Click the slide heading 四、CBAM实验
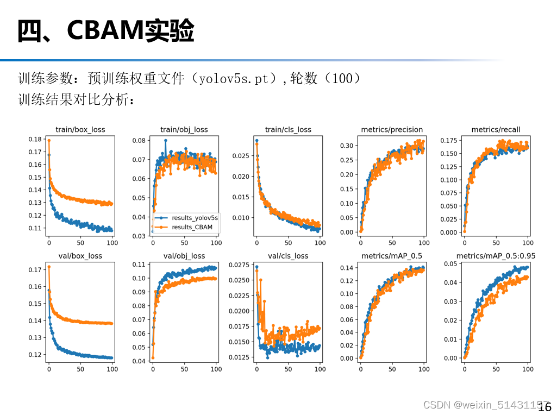pos(105,31)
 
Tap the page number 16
pos(545,407)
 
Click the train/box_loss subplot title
pos(80,129)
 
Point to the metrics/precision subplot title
pos(392,129)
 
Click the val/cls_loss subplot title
pos(289,255)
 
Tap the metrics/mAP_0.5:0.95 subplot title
pos(496,255)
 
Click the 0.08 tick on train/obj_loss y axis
pos(139,140)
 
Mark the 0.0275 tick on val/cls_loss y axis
pos(239,265)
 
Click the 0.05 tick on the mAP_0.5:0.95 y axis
pos(450,264)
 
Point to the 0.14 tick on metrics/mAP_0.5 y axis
pos(346,268)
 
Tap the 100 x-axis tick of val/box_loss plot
pos(112,369)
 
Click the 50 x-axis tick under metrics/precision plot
pos(392,243)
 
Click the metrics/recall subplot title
pos(496,129)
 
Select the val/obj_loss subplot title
pos(184,255)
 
